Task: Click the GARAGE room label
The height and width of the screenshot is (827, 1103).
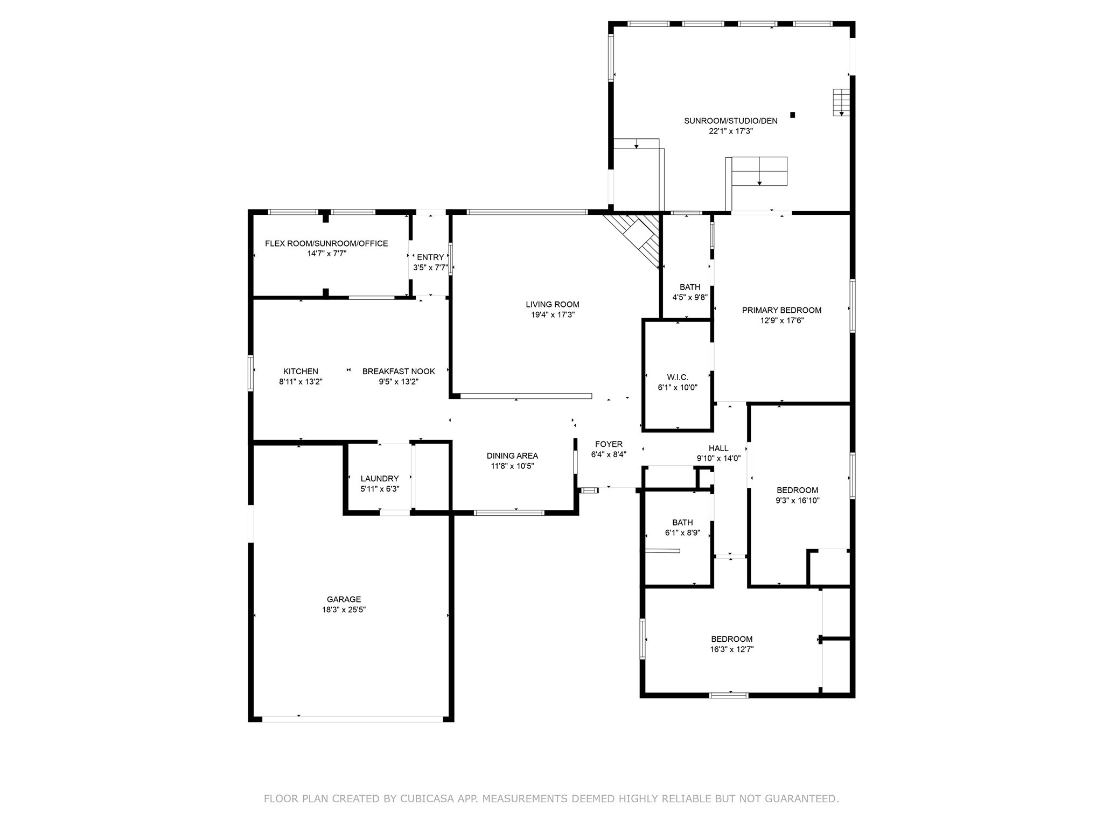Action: pyautogui.click(x=344, y=599)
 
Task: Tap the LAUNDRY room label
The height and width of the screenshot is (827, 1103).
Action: pyautogui.click(x=380, y=479)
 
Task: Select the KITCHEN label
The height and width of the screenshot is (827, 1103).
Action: pyautogui.click(x=301, y=372)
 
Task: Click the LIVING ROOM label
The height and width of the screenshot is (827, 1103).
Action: pyautogui.click(x=553, y=305)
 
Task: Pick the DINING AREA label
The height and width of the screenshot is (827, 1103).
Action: pyautogui.click(x=512, y=456)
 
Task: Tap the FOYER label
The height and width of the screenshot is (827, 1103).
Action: pyautogui.click(x=609, y=444)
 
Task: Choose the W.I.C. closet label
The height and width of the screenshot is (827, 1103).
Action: pyautogui.click(x=678, y=377)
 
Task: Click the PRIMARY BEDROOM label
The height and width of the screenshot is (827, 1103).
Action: pyautogui.click(x=781, y=310)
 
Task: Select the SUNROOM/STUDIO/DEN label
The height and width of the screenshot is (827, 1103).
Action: pyautogui.click(x=731, y=121)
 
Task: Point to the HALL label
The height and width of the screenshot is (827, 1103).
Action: pyautogui.click(x=718, y=448)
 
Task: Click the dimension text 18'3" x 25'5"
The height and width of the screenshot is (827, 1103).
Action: pyautogui.click(x=344, y=609)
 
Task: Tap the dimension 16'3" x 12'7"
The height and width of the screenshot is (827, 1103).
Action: pyautogui.click(x=731, y=649)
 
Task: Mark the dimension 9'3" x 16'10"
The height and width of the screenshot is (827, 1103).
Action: pyautogui.click(x=797, y=500)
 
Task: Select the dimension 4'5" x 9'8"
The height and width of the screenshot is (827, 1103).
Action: pyautogui.click(x=690, y=297)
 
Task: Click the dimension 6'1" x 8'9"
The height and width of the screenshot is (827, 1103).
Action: pyautogui.click(x=682, y=533)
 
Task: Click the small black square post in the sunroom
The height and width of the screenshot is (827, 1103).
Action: pyautogui.click(x=792, y=114)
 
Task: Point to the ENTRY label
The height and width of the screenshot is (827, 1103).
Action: pyautogui.click(x=430, y=257)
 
